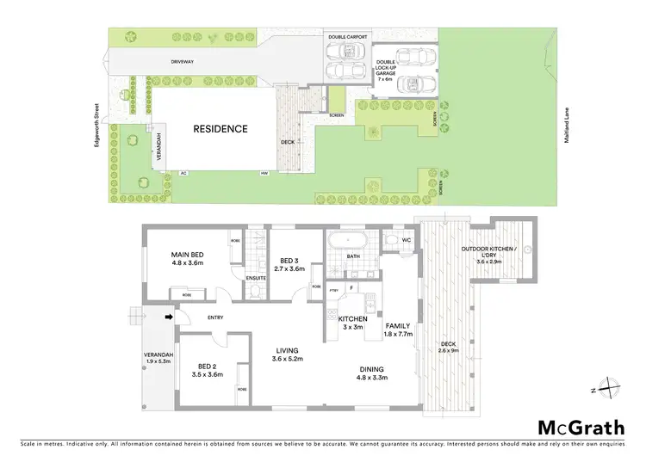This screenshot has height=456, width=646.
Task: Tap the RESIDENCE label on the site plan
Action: (220, 129)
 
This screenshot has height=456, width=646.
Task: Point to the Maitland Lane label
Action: (568, 130)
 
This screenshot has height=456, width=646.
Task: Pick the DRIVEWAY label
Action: (182, 63)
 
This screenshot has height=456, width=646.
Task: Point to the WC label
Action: (407, 240)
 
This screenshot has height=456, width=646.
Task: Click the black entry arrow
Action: (170, 317)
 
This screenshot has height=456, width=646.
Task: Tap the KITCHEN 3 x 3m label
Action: (352, 323)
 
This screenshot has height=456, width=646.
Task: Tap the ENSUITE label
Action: (254, 279)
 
